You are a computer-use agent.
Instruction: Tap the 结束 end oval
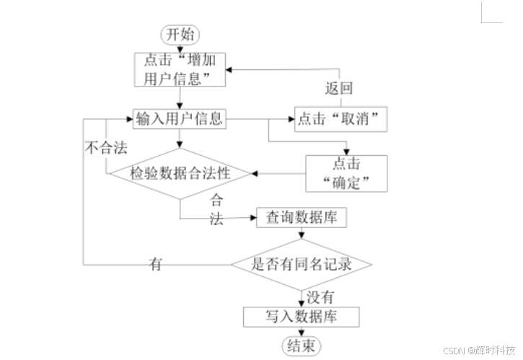pyautogui.click(x=302, y=345)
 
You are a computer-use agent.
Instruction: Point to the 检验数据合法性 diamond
pyautogui.click(x=179, y=173)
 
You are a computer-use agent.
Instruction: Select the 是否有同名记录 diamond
pyautogui.click(x=302, y=264)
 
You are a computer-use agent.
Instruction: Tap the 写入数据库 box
pyautogui.click(x=302, y=315)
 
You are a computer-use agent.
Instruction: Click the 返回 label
pyautogui.click(x=339, y=89)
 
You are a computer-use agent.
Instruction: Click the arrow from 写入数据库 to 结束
pyautogui.click(x=302, y=330)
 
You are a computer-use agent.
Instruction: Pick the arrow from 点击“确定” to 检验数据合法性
pyautogui.click(x=278, y=173)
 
